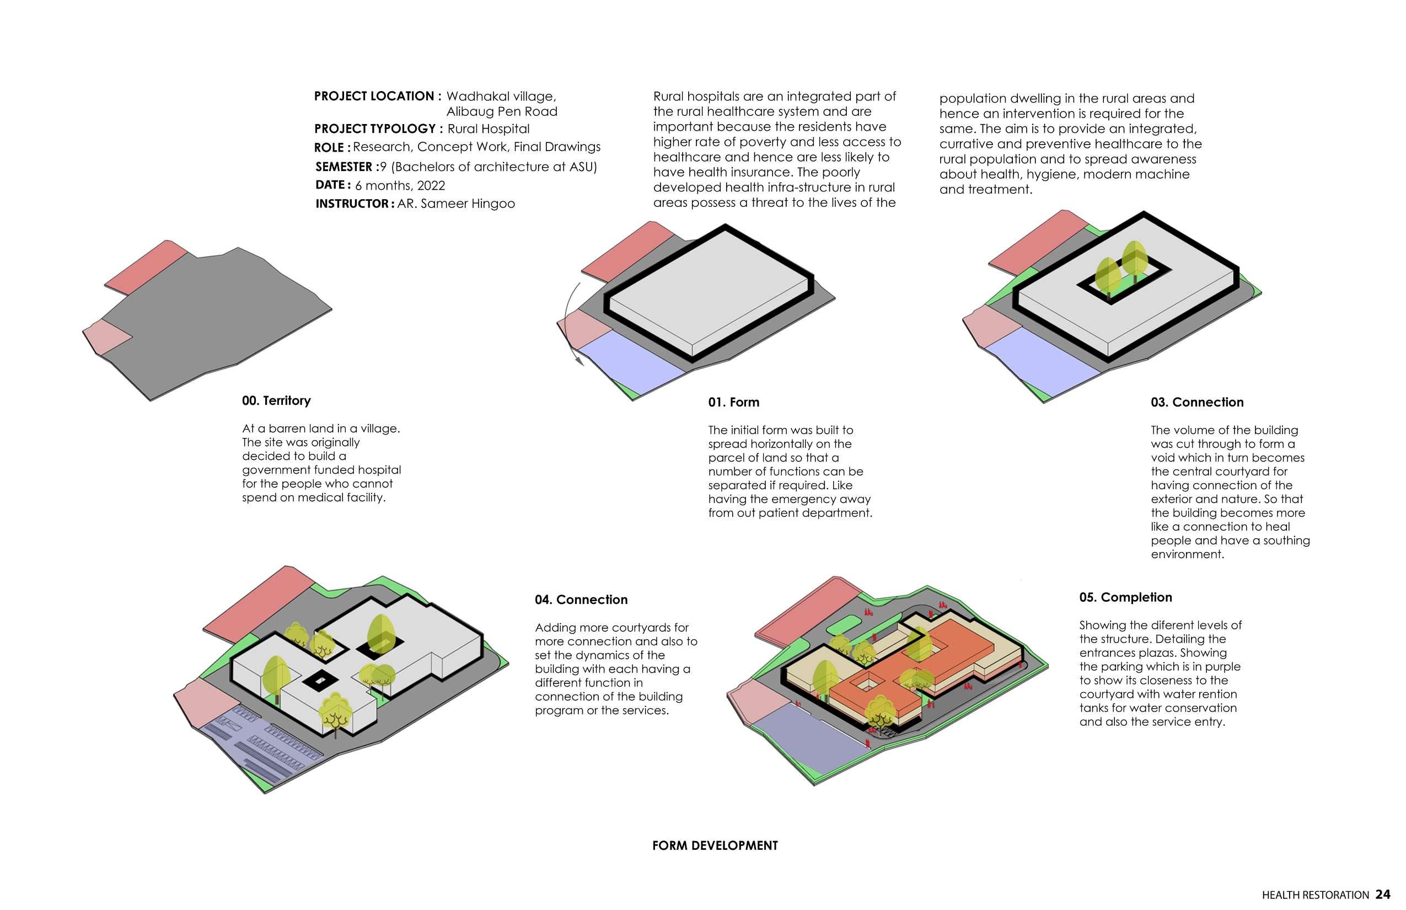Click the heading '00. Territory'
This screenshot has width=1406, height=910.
point(276,400)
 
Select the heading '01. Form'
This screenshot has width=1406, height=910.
point(733,403)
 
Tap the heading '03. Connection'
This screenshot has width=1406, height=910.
point(1196,403)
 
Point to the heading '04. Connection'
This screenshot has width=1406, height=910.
point(581,600)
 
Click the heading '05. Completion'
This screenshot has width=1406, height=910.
point(1125,597)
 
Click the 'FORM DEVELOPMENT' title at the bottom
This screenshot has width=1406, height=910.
point(714,845)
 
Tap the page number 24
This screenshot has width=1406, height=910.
point(1382,895)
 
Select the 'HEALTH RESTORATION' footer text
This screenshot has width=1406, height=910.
point(1315,895)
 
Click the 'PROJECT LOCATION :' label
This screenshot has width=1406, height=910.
point(378,97)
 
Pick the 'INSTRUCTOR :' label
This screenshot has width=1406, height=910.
point(355,204)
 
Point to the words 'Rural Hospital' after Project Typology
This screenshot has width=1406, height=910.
point(488,129)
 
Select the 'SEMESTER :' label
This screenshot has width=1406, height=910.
point(347,167)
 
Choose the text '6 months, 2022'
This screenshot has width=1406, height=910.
point(399,185)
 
